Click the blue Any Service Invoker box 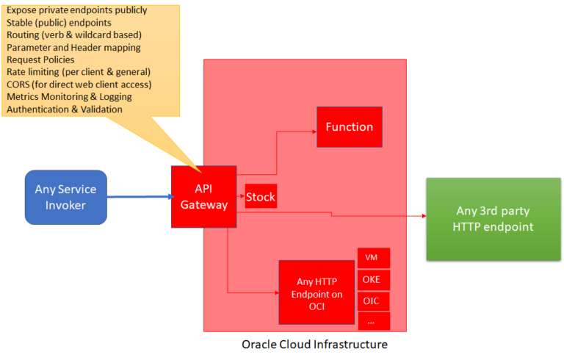pyautogui.click(x=66, y=197)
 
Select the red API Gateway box pyautogui.click(x=203, y=197)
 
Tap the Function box pyautogui.click(x=349, y=126)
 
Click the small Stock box pyautogui.click(x=260, y=197)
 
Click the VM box pyautogui.click(x=374, y=258)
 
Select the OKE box pyautogui.click(x=374, y=280)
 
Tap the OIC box pyautogui.click(x=374, y=301)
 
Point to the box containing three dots pyautogui.click(x=374, y=322)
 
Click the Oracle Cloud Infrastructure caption pyautogui.click(x=314, y=344)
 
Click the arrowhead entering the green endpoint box pyautogui.click(x=423, y=216)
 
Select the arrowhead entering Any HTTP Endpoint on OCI pyautogui.click(x=275, y=292)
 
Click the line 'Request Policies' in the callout pyautogui.click(x=40, y=60)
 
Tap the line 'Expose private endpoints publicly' pyautogui.click(x=77, y=10)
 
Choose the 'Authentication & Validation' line pyautogui.click(x=65, y=109)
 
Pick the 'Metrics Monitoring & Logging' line pyautogui.click(x=69, y=97)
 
